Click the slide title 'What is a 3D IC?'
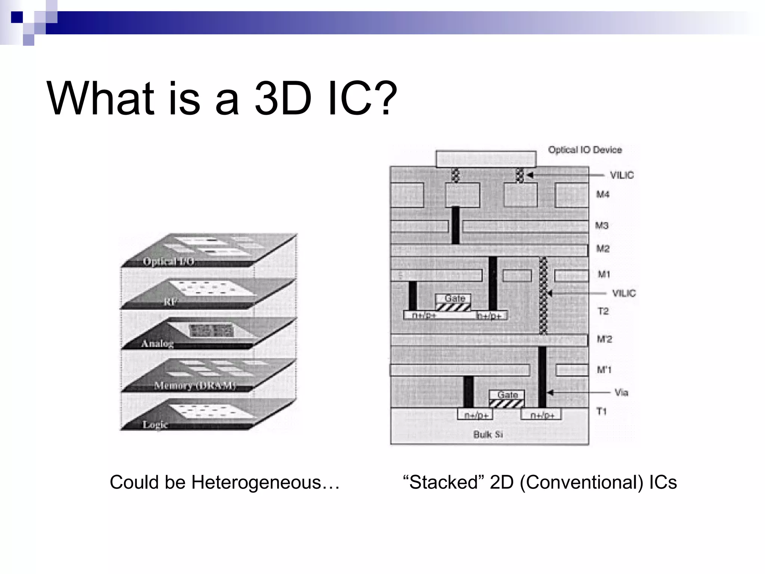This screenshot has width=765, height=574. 222,99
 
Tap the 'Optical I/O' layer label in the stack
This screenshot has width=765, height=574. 168,261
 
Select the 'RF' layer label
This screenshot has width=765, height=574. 170,302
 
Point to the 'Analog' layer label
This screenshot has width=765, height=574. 157,343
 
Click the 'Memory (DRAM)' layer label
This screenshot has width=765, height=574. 195,385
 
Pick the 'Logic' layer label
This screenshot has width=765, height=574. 155,425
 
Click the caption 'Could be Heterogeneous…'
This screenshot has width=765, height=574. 224,482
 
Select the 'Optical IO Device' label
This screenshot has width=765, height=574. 585,150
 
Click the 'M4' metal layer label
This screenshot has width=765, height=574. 603,194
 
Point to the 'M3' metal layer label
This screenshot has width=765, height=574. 602,225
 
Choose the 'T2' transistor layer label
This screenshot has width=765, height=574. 603,311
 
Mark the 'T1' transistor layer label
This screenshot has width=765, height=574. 601,411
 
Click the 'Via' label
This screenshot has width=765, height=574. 621,392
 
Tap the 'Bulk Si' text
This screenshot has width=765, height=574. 488,434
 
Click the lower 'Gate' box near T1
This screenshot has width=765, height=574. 507,395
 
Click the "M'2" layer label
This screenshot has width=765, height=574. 604,339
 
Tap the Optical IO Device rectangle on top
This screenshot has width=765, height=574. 486,159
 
